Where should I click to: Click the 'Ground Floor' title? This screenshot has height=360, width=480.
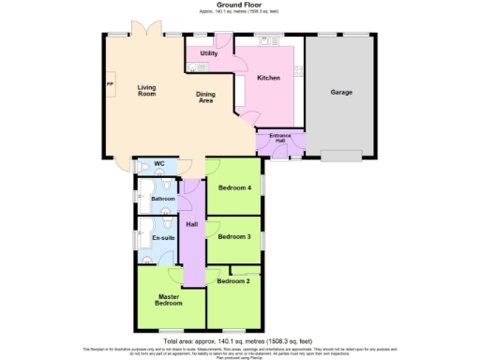tap(240, 5)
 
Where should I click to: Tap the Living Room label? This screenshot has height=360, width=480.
tap(146, 91)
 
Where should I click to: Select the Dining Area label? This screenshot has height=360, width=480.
tap(205, 97)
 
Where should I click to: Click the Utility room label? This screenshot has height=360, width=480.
tap(209, 54)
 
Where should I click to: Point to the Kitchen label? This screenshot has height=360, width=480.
tap(268, 78)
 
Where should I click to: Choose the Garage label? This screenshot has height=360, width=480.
tap(341, 93)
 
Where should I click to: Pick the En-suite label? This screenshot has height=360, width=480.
tap(163, 238)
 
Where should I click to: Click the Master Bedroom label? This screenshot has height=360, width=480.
tap(169, 300)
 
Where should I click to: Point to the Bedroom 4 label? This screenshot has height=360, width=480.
tap(234, 187)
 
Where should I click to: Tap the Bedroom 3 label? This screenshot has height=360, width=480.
tap(234, 236)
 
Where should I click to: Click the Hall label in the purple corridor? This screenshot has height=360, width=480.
tap(192, 225)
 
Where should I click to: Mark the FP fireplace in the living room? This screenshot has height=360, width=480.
tap(110, 86)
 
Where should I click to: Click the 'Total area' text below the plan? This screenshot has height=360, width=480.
tap(239, 340)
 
